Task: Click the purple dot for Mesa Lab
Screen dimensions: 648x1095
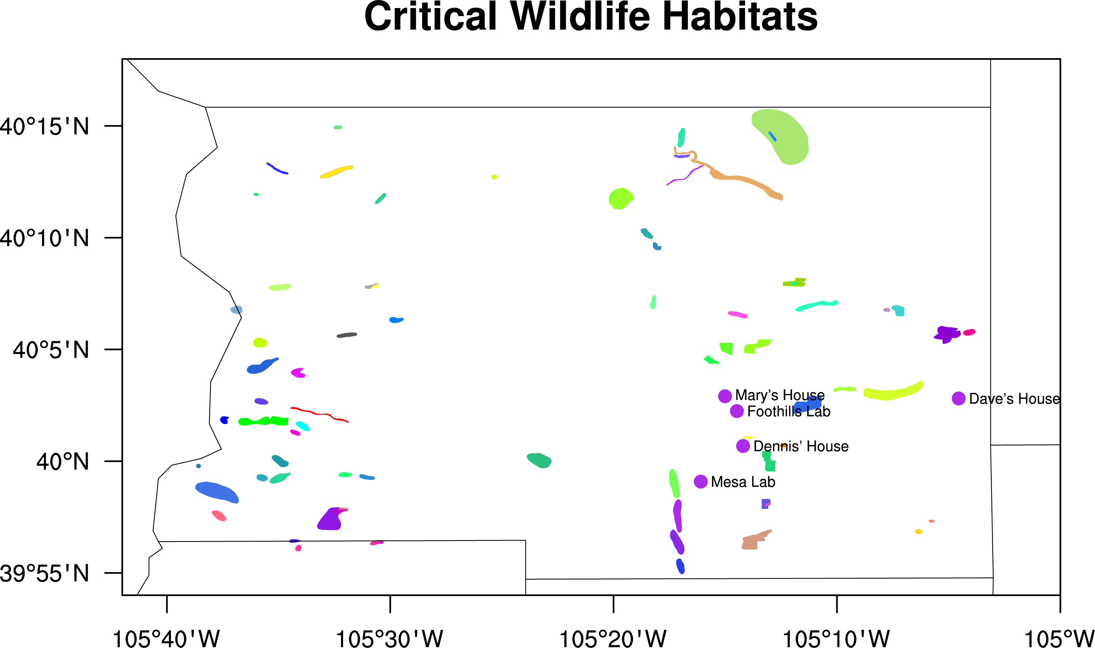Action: click(701, 482)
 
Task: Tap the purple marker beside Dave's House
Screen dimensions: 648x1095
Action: click(958, 398)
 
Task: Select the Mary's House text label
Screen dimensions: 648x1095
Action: click(780, 395)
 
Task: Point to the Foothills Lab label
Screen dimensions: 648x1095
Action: click(788, 411)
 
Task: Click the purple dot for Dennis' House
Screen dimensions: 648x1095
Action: click(743, 446)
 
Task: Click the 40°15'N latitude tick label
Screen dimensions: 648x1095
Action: click(45, 127)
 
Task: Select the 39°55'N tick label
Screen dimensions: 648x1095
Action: click(45, 573)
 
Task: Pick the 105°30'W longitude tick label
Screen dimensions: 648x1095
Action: click(389, 638)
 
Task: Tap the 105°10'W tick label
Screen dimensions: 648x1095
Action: click(836, 638)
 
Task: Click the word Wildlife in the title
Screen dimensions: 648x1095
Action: click(580, 18)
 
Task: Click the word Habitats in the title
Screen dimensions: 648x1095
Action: click(740, 18)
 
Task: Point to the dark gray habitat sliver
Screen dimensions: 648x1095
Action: click(347, 335)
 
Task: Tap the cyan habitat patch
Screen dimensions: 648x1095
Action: click(303, 426)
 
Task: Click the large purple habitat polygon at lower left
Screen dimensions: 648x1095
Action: click(331, 520)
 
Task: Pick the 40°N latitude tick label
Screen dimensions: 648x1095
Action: click(62, 461)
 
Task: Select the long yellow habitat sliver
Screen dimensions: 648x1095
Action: click(336, 172)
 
